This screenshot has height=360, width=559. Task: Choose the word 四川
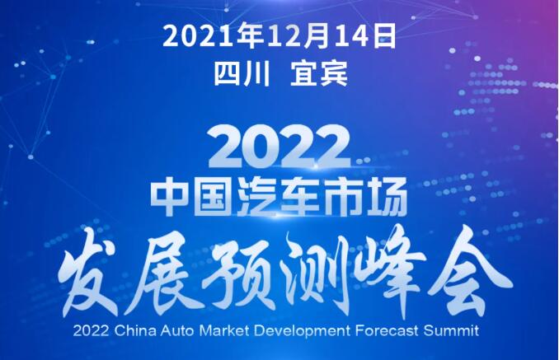pos(242,74)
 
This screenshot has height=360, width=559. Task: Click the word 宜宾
pos(319,74)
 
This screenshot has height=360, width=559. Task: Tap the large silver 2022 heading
pos(279,147)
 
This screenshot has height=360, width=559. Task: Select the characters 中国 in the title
pos(193,196)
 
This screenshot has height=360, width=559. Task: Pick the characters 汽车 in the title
pos(279,196)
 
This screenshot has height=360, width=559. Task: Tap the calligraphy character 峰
pos(392,273)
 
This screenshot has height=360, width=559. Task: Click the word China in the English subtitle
pos(135,331)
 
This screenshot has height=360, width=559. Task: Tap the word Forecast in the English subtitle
pos(387,331)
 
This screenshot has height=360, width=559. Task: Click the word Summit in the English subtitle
pos(451,331)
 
